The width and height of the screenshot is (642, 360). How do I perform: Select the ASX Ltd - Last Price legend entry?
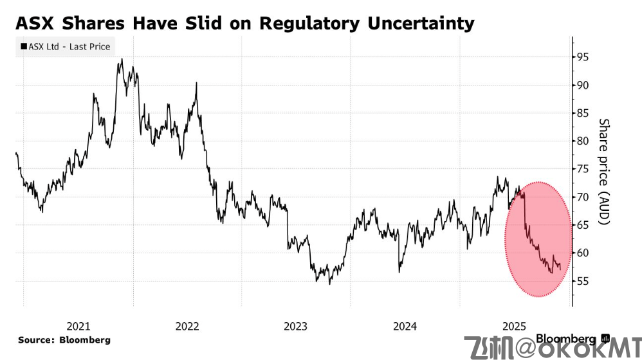[66, 46]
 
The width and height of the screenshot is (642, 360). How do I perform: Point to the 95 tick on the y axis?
[583, 57]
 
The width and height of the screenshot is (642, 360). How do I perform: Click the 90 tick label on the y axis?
[583, 85]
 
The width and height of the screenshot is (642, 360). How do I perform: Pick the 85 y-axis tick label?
[583, 113]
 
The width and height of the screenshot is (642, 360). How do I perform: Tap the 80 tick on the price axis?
[583, 141]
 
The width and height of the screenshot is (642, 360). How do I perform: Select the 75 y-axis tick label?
[583, 169]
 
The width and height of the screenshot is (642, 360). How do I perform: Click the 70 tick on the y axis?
[583, 197]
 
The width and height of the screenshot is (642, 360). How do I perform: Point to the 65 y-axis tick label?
[583, 225]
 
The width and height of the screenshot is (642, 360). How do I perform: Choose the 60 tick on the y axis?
[583, 253]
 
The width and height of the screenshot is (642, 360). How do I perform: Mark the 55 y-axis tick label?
[583, 281]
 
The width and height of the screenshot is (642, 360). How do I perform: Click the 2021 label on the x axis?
[78, 326]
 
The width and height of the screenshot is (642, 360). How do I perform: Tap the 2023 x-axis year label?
[296, 326]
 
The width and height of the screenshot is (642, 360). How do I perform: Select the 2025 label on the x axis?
[514, 326]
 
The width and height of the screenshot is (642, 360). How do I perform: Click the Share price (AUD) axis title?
[603, 171]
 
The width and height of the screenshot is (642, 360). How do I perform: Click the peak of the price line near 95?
[121, 60]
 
